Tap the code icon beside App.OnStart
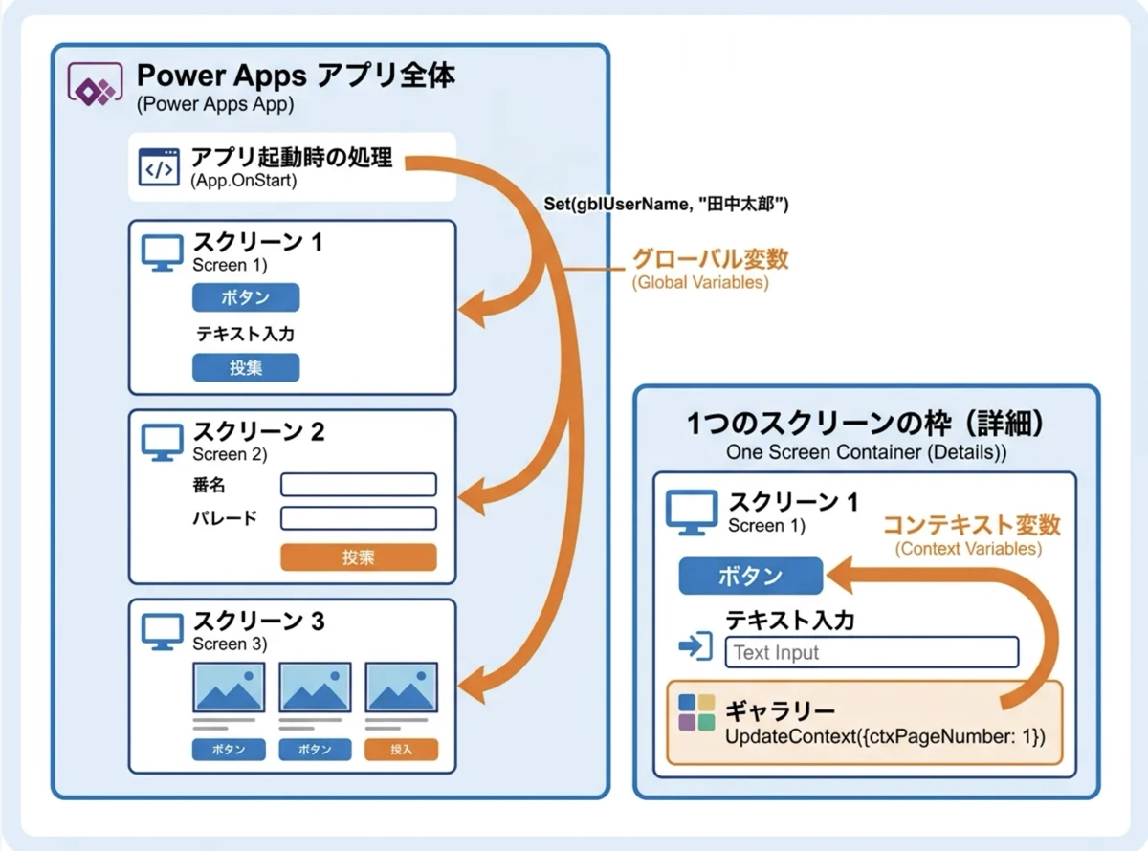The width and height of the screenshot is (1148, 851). (159, 166)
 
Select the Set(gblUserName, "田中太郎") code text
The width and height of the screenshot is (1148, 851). (666, 205)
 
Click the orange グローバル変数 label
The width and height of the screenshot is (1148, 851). (710, 259)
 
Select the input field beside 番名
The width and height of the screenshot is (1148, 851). (358, 485)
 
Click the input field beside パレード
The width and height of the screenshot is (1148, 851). (358, 518)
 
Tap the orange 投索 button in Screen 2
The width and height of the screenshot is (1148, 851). (358, 557)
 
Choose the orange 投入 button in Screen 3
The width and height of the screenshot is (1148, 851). (401, 750)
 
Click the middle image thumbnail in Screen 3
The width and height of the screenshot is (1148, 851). (315, 687)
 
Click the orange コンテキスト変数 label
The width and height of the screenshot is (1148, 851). (970, 525)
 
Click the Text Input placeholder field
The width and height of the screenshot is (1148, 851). (871, 653)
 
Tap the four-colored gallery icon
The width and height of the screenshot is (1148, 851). (696, 712)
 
